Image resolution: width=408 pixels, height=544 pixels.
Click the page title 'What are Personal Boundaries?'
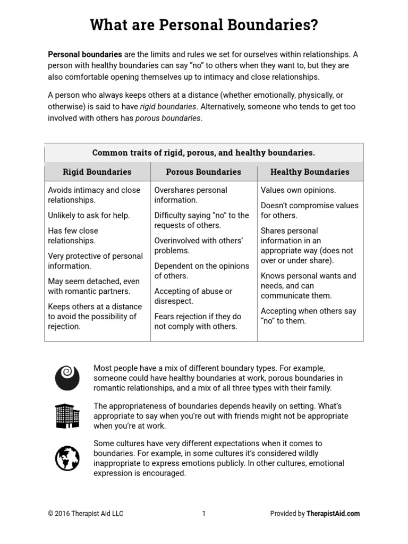[x=204, y=25]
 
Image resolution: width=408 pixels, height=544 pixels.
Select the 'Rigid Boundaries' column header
[x=97, y=172]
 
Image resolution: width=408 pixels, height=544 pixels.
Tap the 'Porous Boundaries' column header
[x=203, y=172]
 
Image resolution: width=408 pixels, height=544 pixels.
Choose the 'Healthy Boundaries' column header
[x=310, y=172]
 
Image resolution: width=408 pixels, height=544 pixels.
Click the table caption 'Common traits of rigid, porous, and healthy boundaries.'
[x=203, y=152]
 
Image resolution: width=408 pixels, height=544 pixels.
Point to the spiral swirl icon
[x=67, y=377]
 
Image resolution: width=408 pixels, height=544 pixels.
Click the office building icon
[x=67, y=415]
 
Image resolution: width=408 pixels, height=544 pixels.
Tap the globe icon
[x=67, y=458]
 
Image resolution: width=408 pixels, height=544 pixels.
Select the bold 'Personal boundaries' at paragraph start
[x=85, y=54]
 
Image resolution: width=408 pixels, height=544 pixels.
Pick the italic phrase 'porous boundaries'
[x=168, y=118]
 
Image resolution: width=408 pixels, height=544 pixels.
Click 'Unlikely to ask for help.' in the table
[x=89, y=215]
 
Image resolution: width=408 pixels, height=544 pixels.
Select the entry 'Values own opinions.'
[x=298, y=190]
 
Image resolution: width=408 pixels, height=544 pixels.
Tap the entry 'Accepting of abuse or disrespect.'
[x=193, y=296]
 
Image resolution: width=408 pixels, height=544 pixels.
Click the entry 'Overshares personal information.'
[x=190, y=195]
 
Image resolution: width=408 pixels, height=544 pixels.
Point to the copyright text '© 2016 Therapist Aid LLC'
[x=86, y=513]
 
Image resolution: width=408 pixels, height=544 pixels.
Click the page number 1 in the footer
[x=203, y=513]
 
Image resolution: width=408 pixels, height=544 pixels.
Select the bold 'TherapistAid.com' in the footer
[x=333, y=513]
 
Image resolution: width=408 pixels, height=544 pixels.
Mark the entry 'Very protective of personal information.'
[x=95, y=261]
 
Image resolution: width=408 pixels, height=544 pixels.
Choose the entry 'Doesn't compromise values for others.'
[x=309, y=210]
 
